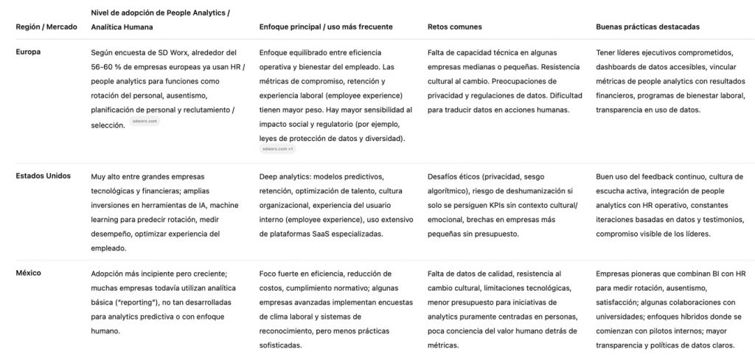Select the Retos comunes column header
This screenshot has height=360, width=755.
454,27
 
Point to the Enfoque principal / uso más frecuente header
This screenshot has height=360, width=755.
326,27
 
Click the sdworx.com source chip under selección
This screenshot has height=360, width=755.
144,121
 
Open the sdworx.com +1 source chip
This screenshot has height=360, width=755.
277,149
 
